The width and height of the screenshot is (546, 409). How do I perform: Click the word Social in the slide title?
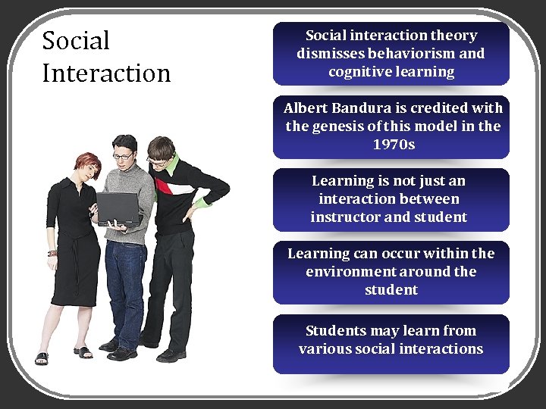76,40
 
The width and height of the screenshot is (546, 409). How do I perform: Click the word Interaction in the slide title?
106,73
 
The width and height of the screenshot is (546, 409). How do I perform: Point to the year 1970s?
394,144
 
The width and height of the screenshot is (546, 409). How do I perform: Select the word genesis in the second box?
337,126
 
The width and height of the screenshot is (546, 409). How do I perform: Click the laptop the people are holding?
118,207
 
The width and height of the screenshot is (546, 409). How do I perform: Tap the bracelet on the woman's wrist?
52,253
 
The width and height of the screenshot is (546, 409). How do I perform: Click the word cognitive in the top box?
359,72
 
